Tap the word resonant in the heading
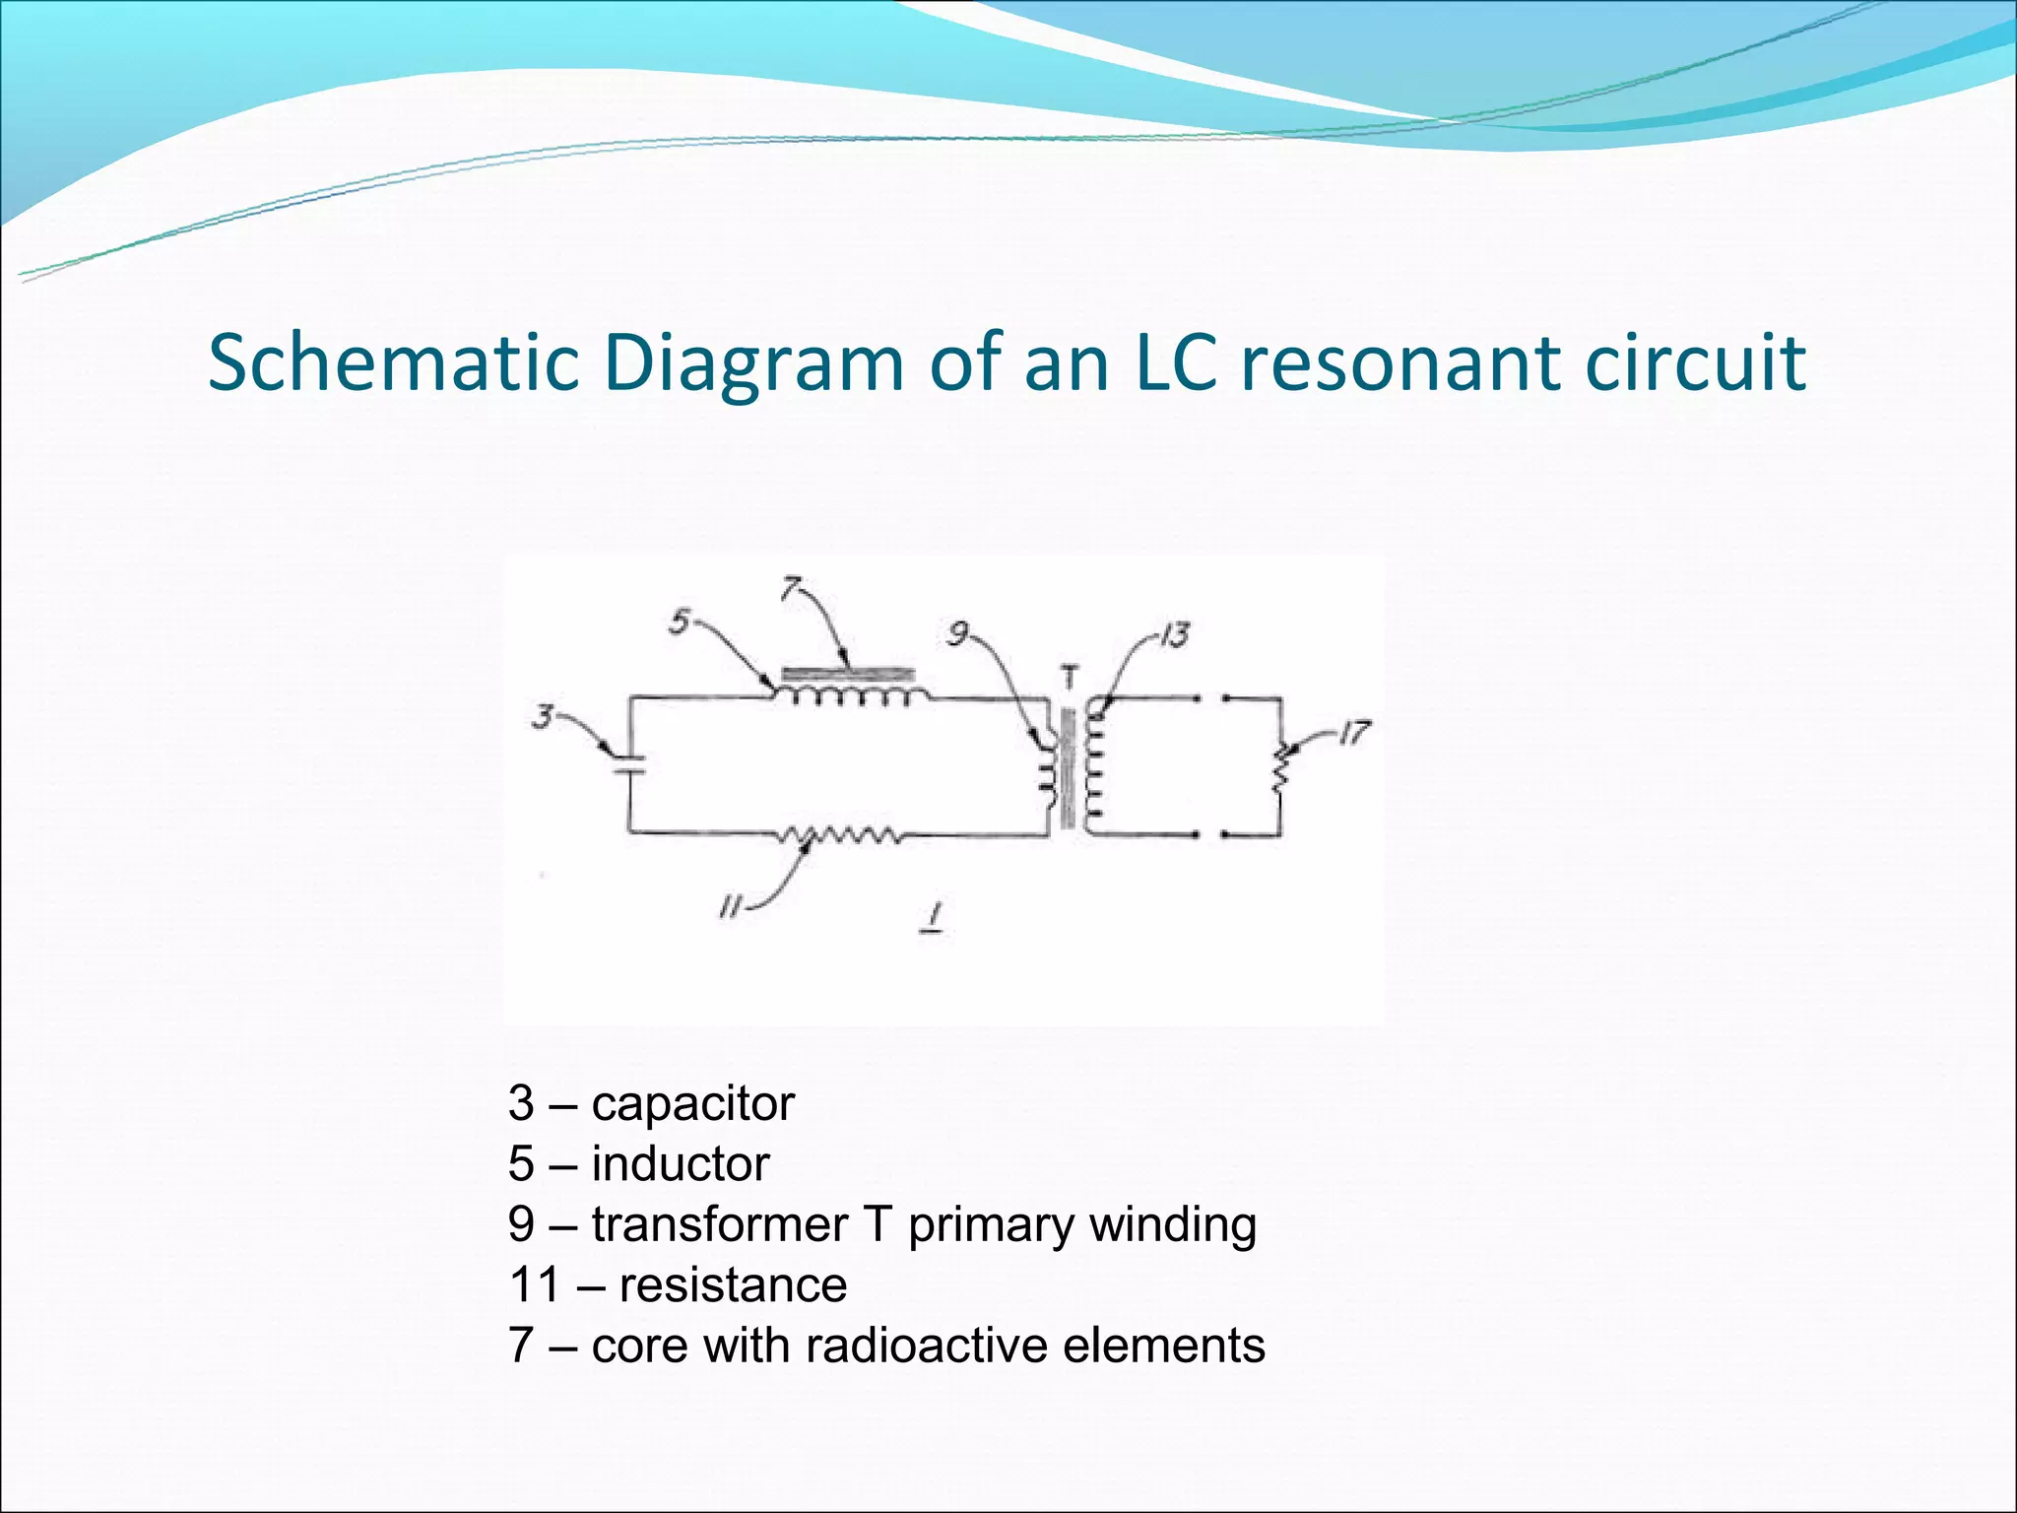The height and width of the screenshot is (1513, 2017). pos(1399,362)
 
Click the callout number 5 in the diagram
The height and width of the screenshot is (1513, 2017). pos(679,622)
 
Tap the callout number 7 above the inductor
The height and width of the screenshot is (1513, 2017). pos(790,588)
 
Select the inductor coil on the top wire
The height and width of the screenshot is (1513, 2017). pos(852,695)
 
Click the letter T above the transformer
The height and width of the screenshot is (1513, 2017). pos(1070,678)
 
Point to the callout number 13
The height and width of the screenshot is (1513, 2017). pos(1173,635)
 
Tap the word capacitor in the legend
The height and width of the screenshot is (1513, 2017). pos(692,1103)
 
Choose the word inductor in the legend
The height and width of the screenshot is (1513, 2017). pos(680,1164)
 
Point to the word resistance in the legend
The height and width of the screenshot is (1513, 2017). pos(733,1285)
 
